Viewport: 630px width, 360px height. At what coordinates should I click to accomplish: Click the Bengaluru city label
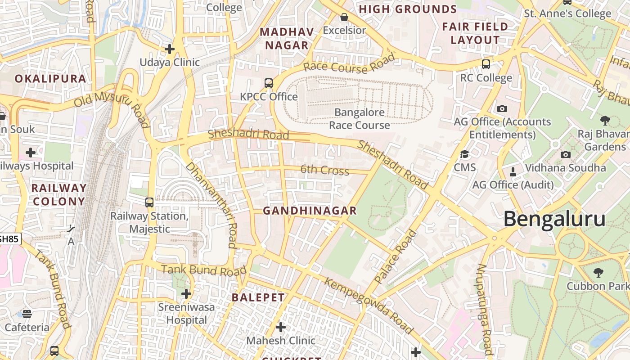pos(554,219)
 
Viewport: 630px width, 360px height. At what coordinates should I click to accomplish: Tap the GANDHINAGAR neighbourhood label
pos(310,211)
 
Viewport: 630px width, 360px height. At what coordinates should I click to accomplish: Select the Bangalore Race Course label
pos(359,119)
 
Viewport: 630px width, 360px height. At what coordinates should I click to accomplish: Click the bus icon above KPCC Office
pos(269,83)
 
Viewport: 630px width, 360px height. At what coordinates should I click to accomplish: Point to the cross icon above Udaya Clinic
pos(170,49)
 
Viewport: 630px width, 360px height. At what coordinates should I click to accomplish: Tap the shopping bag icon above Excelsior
pos(344,18)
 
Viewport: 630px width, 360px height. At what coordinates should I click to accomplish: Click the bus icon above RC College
pos(486,64)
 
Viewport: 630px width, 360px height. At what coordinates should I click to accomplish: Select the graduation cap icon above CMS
pos(464,154)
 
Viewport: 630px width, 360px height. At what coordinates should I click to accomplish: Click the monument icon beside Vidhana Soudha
pos(513,171)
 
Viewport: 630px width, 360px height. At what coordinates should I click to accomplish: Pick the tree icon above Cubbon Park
pos(598,272)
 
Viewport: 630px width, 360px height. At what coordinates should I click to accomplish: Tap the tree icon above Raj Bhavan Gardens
pos(605,120)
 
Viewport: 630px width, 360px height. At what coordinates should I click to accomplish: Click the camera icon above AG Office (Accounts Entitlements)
pos(502,108)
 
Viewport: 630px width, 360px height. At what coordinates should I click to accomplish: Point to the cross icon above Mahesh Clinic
pos(281,327)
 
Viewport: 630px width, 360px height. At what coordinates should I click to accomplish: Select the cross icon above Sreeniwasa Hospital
pos(186,294)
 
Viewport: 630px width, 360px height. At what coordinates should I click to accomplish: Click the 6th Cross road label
pos(324,170)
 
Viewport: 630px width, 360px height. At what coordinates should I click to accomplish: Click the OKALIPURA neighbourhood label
pos(50,79)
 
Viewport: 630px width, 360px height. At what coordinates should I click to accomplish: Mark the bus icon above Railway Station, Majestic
pos(149,202)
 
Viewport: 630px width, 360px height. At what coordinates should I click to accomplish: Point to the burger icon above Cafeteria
pos(27,314)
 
